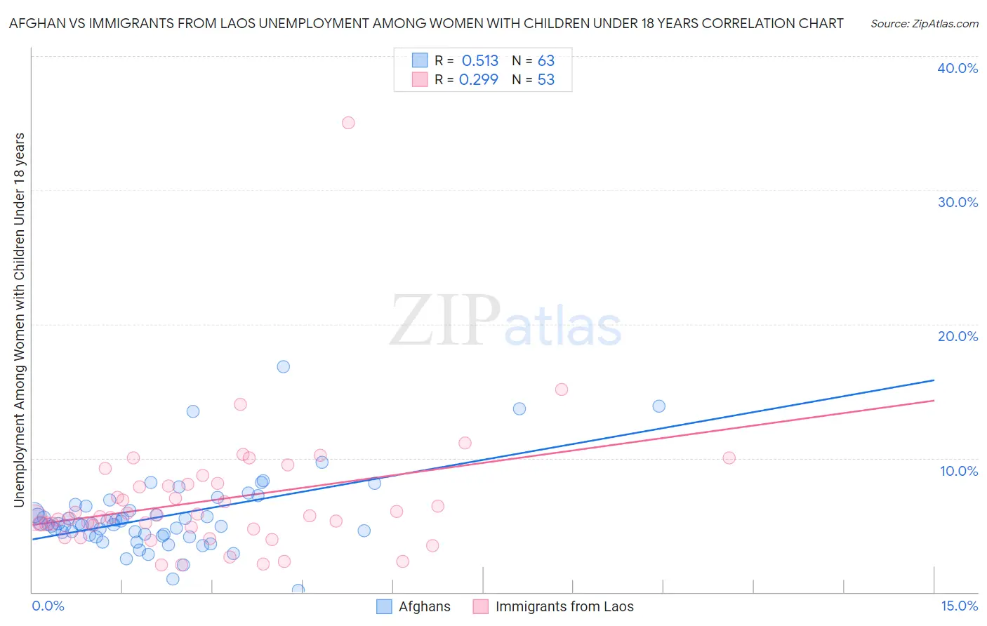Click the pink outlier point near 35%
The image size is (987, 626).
348,123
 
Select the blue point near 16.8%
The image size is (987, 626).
284,366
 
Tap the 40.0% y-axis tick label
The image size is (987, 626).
958,68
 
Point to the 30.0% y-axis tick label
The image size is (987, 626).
958,202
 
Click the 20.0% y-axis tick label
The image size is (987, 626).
958,336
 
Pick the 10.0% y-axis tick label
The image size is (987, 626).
958,471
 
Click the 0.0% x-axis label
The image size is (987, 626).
48,606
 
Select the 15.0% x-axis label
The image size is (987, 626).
959,606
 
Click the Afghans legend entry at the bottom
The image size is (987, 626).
424,606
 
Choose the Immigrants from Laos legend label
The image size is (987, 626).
564,606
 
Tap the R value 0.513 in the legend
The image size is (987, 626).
480,61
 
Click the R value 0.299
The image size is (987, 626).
479,80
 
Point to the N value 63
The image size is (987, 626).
546,61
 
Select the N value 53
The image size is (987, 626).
546,80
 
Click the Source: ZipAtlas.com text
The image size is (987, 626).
924,23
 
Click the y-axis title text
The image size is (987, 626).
20,319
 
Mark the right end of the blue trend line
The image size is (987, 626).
934,380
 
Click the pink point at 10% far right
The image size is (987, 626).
729,458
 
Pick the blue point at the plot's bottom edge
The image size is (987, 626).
298,590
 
